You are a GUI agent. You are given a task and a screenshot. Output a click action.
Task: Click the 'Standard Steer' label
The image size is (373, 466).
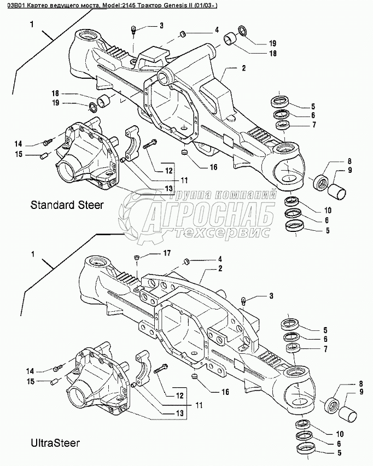point(67,205)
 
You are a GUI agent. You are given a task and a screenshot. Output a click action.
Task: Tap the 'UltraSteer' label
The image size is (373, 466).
point(55,443)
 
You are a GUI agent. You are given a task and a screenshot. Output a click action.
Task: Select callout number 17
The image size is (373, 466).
point(167,253)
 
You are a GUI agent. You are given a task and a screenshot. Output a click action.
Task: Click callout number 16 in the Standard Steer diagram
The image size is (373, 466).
point(214,167)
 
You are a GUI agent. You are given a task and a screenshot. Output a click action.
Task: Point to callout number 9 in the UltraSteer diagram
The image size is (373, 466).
point(362,392)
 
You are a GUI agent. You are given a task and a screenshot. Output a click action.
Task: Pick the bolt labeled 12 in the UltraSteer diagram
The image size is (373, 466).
point(161,368)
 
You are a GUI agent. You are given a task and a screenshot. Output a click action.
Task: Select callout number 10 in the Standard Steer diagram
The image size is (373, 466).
point(328,211)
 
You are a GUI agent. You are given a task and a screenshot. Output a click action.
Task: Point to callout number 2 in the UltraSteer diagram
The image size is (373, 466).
point(220,269)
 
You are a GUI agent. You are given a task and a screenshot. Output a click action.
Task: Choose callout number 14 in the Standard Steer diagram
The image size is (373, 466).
point(19,144)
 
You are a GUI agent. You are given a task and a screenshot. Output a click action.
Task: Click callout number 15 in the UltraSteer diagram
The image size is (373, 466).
point(31,381)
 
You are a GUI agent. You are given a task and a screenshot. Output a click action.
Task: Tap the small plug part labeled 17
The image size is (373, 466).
point(137,257)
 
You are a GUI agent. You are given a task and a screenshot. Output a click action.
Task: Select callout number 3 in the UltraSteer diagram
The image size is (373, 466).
point(271,296)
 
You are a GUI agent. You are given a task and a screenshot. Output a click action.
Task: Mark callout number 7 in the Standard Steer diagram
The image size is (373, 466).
point(314,125)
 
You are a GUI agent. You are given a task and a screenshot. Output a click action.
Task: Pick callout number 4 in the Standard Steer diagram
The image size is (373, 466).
point(217,30)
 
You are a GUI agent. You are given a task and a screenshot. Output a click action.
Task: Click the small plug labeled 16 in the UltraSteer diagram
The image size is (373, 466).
point(195,376)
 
